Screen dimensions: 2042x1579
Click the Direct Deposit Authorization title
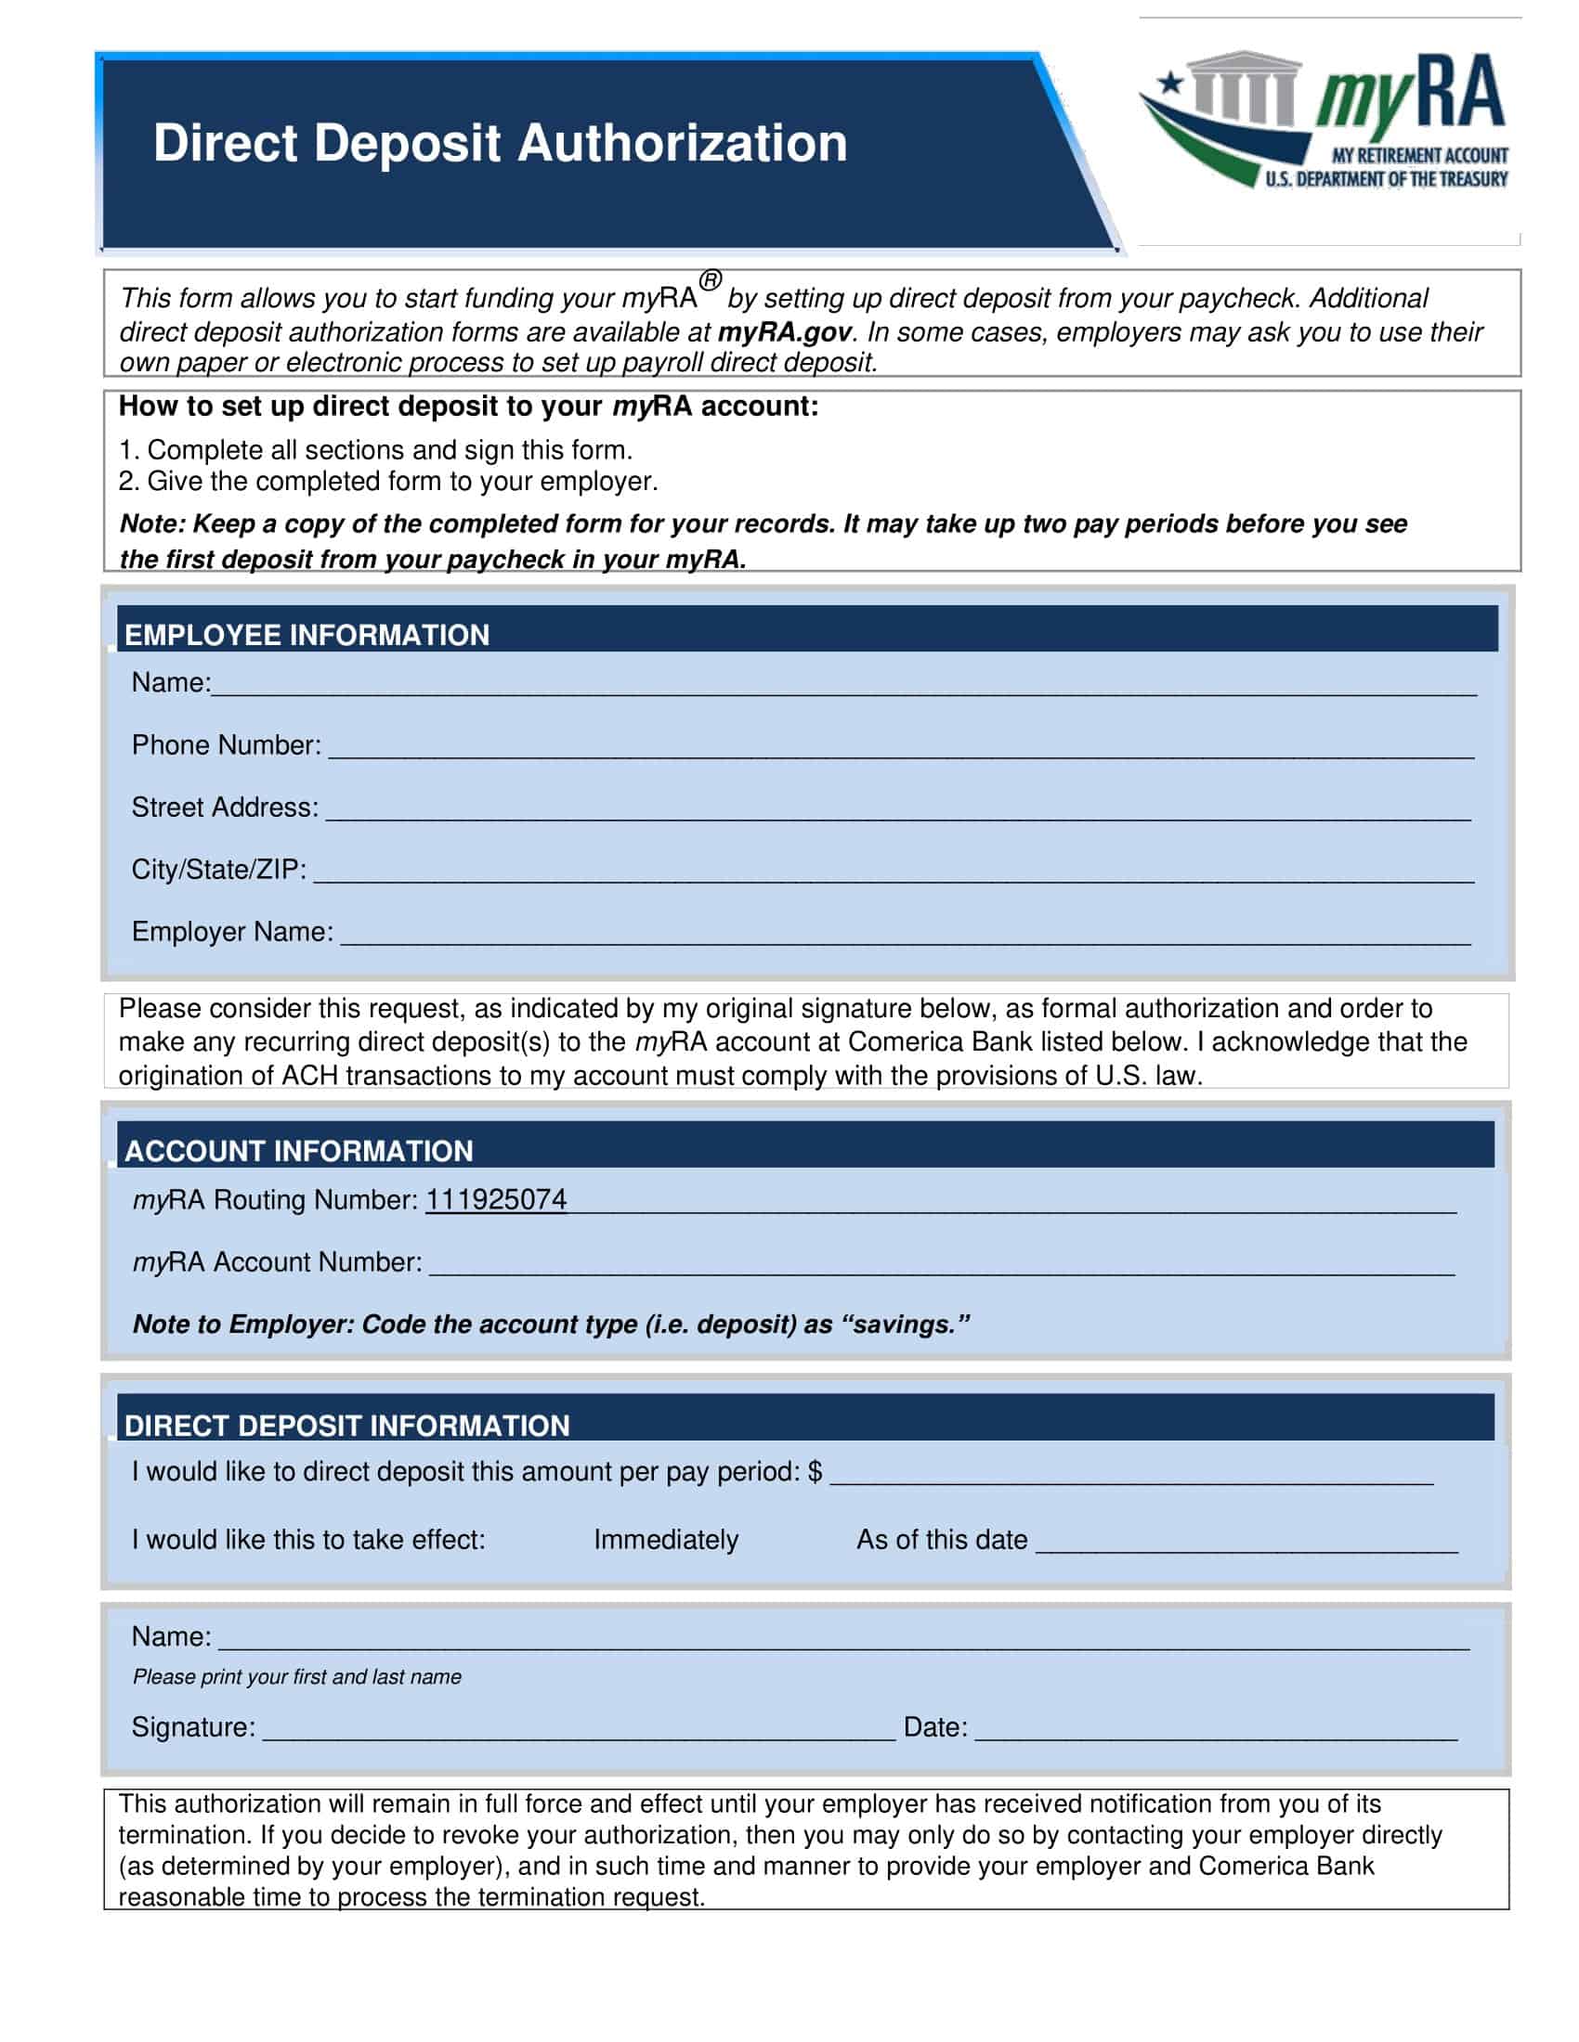(500, 143)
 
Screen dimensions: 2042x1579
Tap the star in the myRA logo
(1170, 84)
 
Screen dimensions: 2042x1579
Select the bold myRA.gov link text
(784, 332)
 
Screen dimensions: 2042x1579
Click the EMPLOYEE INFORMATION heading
(307, 635)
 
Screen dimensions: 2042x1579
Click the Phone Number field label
(227, 745)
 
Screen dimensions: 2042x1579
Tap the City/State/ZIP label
(219, 870)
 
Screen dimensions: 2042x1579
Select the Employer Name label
(232, 932)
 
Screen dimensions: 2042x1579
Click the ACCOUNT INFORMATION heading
(298, 1151)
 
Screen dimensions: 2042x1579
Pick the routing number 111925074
(496, 1199)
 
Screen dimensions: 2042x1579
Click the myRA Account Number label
(277, 1262)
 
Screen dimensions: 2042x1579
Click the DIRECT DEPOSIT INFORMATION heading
(346, 1426)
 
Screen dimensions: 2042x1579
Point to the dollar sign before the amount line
(815, 1472)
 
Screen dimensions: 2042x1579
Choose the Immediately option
(665, 1540)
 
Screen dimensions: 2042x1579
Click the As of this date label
(941, 1540)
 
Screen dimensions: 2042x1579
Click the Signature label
(192, 1727)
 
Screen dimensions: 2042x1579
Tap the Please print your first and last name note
(296, 1676)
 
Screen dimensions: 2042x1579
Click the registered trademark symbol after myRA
(711, 279)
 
